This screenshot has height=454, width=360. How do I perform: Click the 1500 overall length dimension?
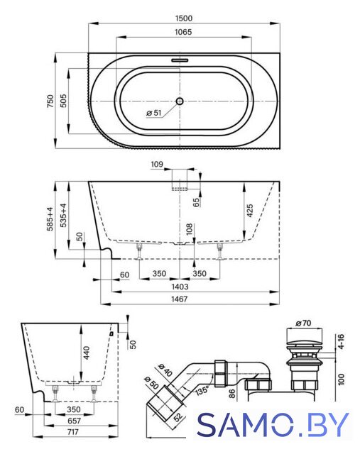pyautogui.click(x=184, y=18)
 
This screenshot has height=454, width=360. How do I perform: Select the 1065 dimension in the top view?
pyautogui.click(x=183, y=32)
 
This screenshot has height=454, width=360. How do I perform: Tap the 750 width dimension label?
pyautogui.click(x=50, y=101)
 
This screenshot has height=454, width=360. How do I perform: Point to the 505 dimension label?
pyautogui.click(x=63, y=101)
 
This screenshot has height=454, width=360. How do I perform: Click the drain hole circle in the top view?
pyautogui.click(x=180, y=101)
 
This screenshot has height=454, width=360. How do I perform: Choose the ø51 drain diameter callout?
pyautogui.click(x=153, y=113)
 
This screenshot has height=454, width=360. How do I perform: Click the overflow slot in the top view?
pyautogui.click(x=180, y=60)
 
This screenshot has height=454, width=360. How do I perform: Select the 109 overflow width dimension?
pyautogui.click(x=157, y=165)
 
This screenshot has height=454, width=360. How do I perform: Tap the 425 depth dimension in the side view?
pyautogui.click(x=250, y=210)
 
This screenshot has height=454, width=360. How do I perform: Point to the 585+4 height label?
pyautogui.click(x=50, y=219)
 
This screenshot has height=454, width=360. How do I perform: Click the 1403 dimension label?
pyautogui.click(x=180, y=287)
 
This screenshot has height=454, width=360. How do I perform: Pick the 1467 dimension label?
pyautogui.click(x=179, y=299)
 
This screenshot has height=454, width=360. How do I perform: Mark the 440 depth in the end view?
pyautogui.click(x=87, y=353)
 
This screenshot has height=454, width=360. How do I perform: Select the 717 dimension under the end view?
pyautogui.click(x=72, y=432)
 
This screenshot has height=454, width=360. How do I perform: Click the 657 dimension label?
pyautogui.click(x=74, y=421)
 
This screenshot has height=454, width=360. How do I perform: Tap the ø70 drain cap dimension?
pyautogui.click(x=303, y=323)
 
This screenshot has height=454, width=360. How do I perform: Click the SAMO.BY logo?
pyautogui.click(x=273, y=424)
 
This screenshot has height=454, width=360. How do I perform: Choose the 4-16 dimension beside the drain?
pyautogui.click(x=341, y=342)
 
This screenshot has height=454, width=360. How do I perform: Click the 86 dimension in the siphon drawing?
pyautogui.click(x=232, y=394)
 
